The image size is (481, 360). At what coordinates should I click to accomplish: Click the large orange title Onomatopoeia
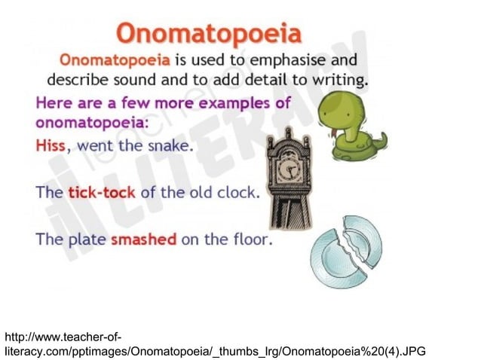pyautogui.click(x=209, y=33)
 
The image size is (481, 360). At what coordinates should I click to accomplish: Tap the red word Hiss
pyautogui.click(x=51, y=146)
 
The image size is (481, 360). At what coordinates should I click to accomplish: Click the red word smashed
pyautogui.click(x=143, y=241)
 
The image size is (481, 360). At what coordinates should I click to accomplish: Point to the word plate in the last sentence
pyautogui.click(x=86, y=241)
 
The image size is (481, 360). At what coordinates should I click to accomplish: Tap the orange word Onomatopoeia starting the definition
pyautogui.click(x=112, y=59)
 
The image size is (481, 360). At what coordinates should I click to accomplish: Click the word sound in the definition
pyautogui.click(x=131, y=79)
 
